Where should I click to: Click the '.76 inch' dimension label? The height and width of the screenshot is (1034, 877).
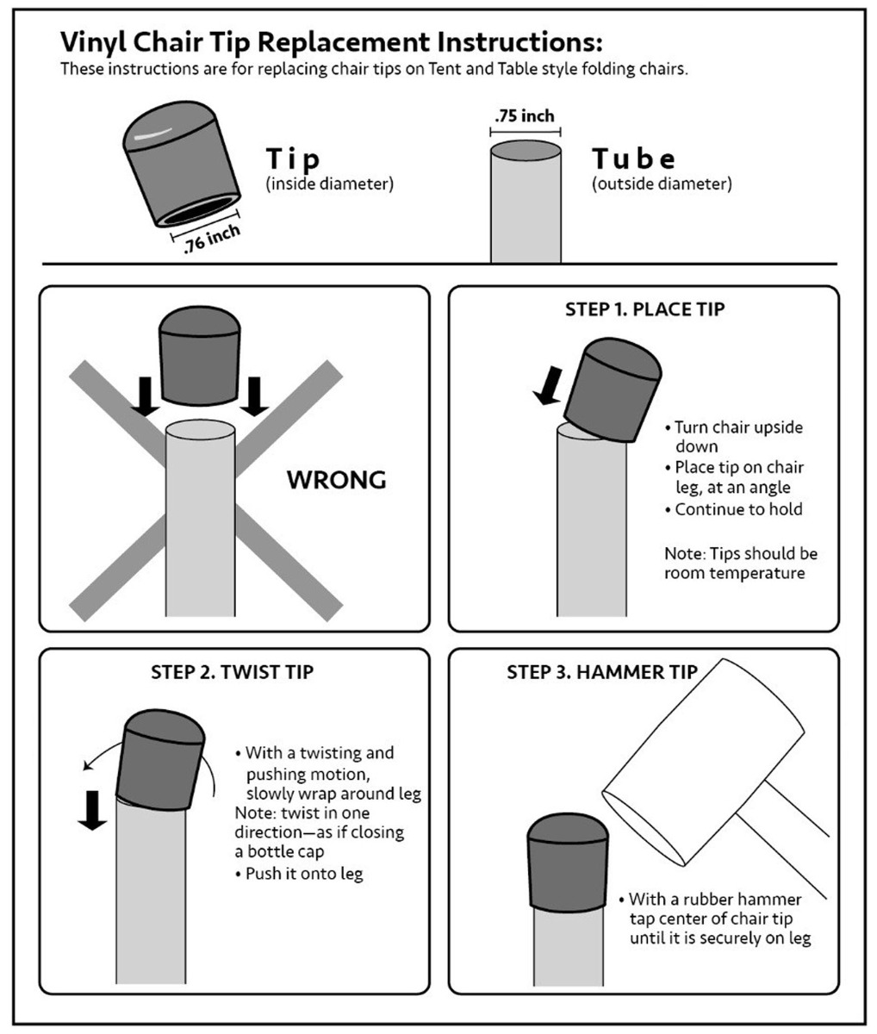pyautogui.click(x=212, y=238)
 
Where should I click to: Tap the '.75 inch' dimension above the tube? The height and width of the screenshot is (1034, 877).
pyautogui.click(x=525, y=116)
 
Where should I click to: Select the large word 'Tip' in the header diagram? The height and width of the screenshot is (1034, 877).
pyautogui.click(x=292, y=159)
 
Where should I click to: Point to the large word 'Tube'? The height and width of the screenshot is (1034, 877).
pyautogui.click(x=633, y=159)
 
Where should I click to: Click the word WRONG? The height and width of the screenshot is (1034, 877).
pyautogui.click(x=336, y=480)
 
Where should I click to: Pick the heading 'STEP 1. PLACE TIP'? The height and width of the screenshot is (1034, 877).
pyautogui.click(x=645, y=309)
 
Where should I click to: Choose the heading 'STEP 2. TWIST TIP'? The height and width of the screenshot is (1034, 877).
pyautogui.click(x=232, y=672)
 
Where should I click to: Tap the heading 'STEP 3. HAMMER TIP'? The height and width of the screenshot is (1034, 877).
pyautogui.click(x=602, y=672)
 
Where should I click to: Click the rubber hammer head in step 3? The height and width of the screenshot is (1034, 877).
pyautogui.click(x=703, y=762)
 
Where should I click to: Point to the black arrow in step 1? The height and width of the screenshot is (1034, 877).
pyautogui.click(x=550, y=386)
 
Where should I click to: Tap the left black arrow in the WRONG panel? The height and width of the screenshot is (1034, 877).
pyautogui.click(x=145, y=396)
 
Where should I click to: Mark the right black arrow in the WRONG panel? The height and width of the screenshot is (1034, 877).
pyautogui.click(x=254, y=396)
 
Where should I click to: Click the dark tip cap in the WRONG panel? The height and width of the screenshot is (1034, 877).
pyautogui.click(x=200, y=356)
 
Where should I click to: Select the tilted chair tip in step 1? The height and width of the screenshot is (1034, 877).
pyautogui.click(x=613, y=390)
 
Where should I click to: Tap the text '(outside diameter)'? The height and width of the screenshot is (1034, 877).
pyautogui.click(x=662, y=184)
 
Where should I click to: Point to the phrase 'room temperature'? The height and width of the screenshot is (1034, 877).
pyautogui.click(x=734, y=573)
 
